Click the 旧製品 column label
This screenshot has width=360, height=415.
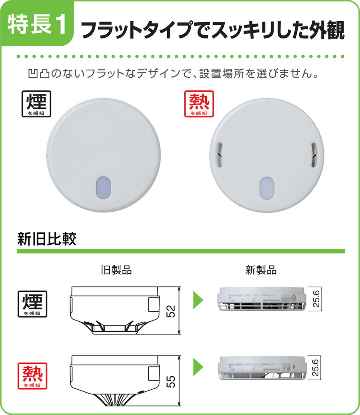pyautogui.click(x=116, y=271)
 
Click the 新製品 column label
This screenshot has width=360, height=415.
pyautogui.click(x=261, y=271)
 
